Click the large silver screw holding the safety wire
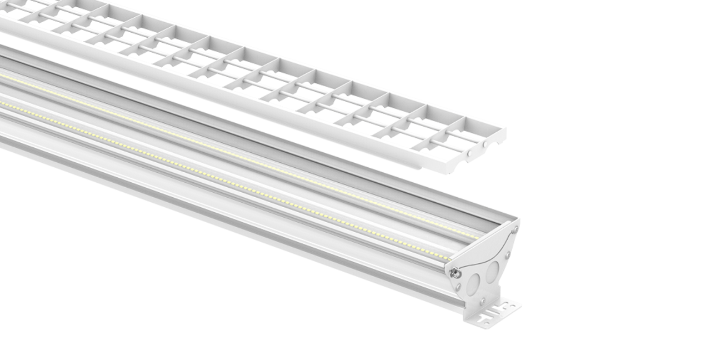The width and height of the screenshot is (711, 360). click(454, 273)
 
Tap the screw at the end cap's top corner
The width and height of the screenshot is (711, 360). click(515, 228)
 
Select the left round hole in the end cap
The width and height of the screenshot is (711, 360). click(473, 284)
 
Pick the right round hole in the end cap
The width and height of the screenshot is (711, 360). click(492, 272)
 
